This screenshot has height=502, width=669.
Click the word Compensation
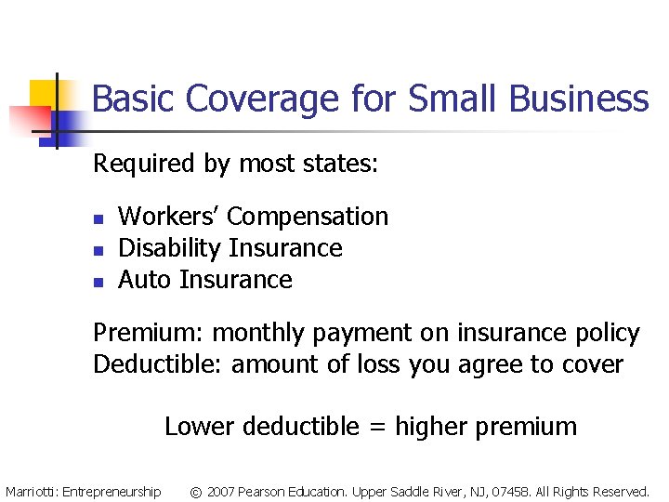coord(308,217)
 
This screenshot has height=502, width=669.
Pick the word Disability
coord(170,248)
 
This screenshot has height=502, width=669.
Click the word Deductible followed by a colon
coord(158,364)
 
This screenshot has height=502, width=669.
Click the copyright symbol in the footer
coord(196,492)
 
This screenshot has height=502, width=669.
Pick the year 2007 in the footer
coord(221,492)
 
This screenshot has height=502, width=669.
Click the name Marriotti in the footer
coord(30,492)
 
